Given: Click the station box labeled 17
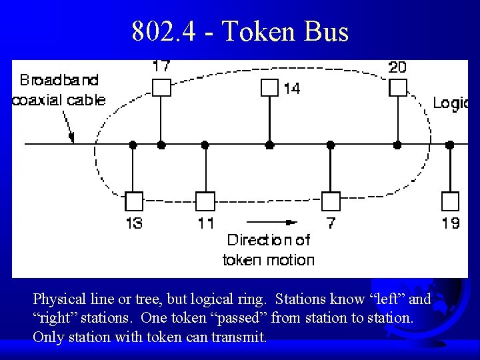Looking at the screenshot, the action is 161,87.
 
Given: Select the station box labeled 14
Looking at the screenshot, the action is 269,88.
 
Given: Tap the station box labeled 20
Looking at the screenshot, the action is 397,87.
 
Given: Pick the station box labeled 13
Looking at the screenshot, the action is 134,201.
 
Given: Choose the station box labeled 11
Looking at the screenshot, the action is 205,201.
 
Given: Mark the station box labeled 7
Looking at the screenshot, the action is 331,201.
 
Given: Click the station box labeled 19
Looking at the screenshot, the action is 451,201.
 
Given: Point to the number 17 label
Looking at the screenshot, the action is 161,67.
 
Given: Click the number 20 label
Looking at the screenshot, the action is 398,67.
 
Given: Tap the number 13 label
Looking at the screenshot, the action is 134,223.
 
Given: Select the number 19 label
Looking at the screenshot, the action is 451,223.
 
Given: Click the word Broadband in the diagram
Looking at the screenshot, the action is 59,81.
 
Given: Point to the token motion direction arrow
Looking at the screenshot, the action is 271,222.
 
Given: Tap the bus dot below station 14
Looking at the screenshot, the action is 269,144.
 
